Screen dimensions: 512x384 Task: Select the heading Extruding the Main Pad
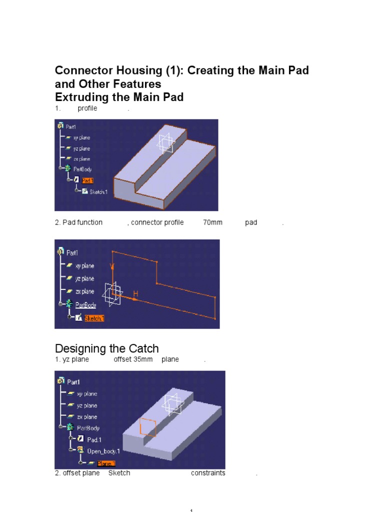click(x=119, y=97)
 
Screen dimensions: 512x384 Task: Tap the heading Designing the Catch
click(x=106, y=348)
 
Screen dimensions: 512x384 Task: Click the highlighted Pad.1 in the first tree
click(x=88, y=180)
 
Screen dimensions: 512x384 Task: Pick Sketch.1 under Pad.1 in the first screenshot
click(x=98, y=192)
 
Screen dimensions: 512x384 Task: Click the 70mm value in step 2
click(x=212, y=222)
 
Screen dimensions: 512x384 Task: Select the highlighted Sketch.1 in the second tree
click(x=94, y=318)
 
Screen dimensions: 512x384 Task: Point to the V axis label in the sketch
click(x=112, y=267)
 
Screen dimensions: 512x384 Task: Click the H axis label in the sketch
click(x=135, y=293)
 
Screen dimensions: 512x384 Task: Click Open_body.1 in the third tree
click(x=103, y=451)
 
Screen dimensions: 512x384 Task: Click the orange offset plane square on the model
click(x=148, y=427)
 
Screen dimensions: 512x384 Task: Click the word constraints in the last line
click(x=208, y=473)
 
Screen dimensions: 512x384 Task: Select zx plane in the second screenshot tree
click(x=84, y=291)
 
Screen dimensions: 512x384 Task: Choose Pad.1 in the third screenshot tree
click(x=94, y=439)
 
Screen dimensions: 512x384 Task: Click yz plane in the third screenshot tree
click(x=87, y=405)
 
